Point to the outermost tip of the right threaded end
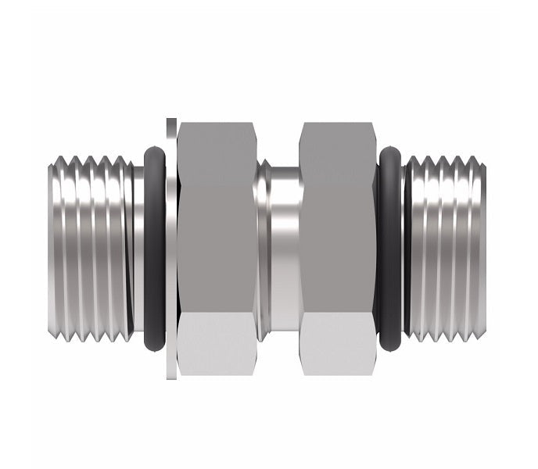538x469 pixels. tap(483, 247)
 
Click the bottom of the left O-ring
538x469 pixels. tap(154, 340)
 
